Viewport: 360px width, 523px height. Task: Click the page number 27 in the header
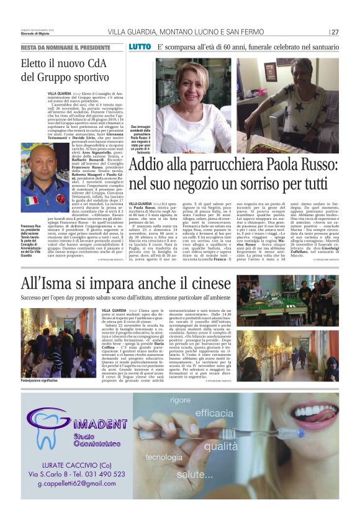coord(335,32)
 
